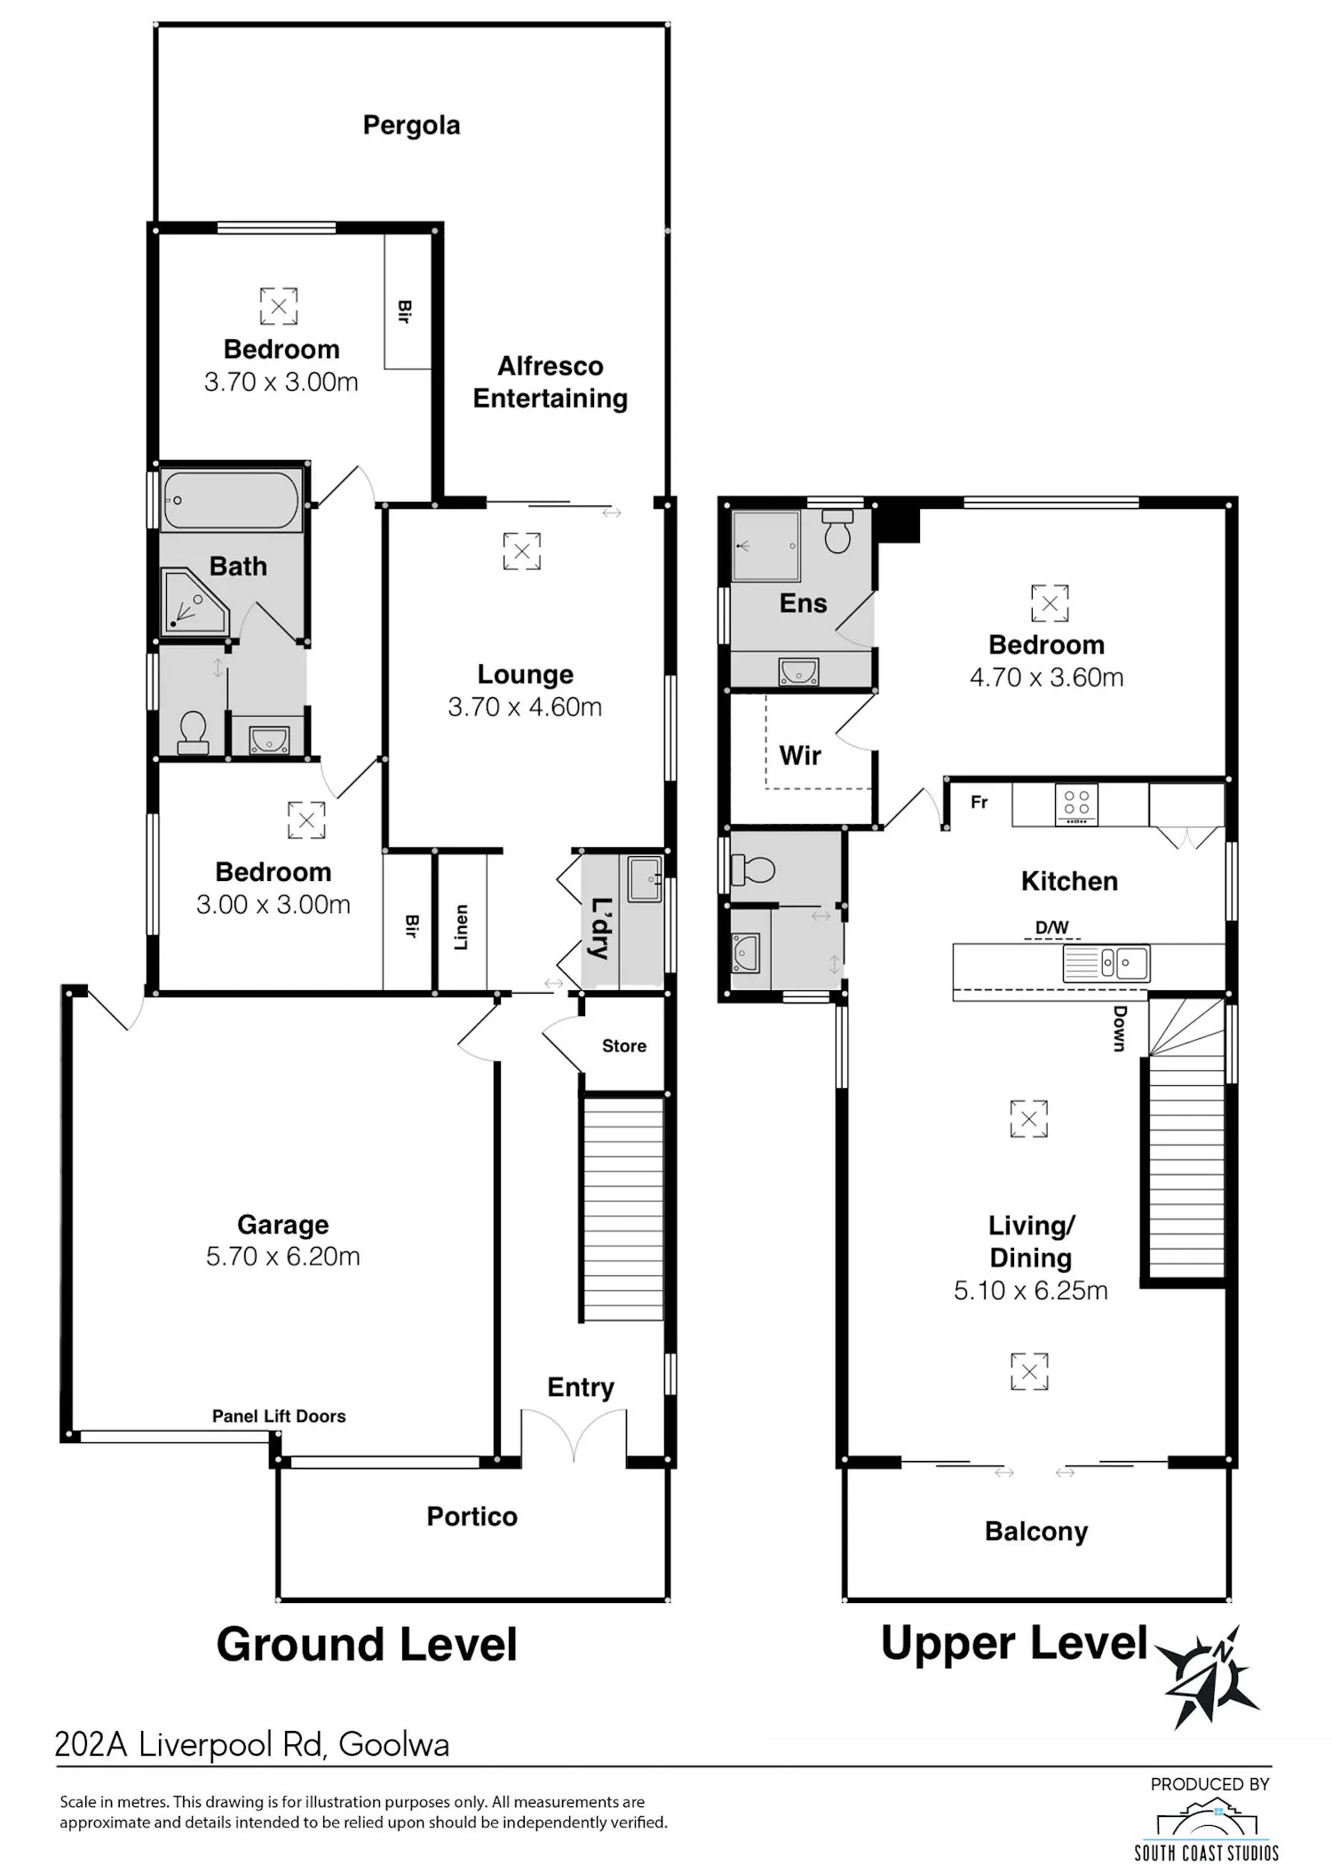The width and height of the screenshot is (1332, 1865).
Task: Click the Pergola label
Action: pyautogui.click(x=411, y=125)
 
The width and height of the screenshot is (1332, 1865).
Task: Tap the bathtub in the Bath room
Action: pyautogui.click(x=232, y=500)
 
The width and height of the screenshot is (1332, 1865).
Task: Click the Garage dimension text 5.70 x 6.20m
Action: pyautogui.click(x=283, y=1257)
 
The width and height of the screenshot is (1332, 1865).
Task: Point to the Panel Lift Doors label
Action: pyautogui.click(x=279, y=1416)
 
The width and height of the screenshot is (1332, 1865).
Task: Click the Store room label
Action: pyautogui.click(x=624, y=1046)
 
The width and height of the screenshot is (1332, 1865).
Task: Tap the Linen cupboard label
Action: pyautogui.click(x=461, y=927)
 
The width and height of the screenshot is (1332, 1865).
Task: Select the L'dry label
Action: pyautogui.click(x=601, y=929)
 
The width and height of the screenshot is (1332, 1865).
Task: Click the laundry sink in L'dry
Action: pyautogui.click(x=645, y=878)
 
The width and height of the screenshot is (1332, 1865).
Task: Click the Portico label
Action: pyautogui.click(x=472, y=1516)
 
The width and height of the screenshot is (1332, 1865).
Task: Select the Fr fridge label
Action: pyautogui.click(x=979, y=802)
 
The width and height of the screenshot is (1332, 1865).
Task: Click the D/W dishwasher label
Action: pyautogui.click(x=1052, y=927)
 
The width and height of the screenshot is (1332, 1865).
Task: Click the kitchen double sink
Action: pyautogui.click(x=1106, y=963)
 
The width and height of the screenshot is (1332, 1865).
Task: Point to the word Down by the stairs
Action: pyautogui.click(x=1120, y=1028)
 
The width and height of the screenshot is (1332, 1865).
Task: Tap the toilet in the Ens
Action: pyautogui.click(x=837, y=530)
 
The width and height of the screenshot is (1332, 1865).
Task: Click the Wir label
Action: pyautogui.click(x=800, y=756)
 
